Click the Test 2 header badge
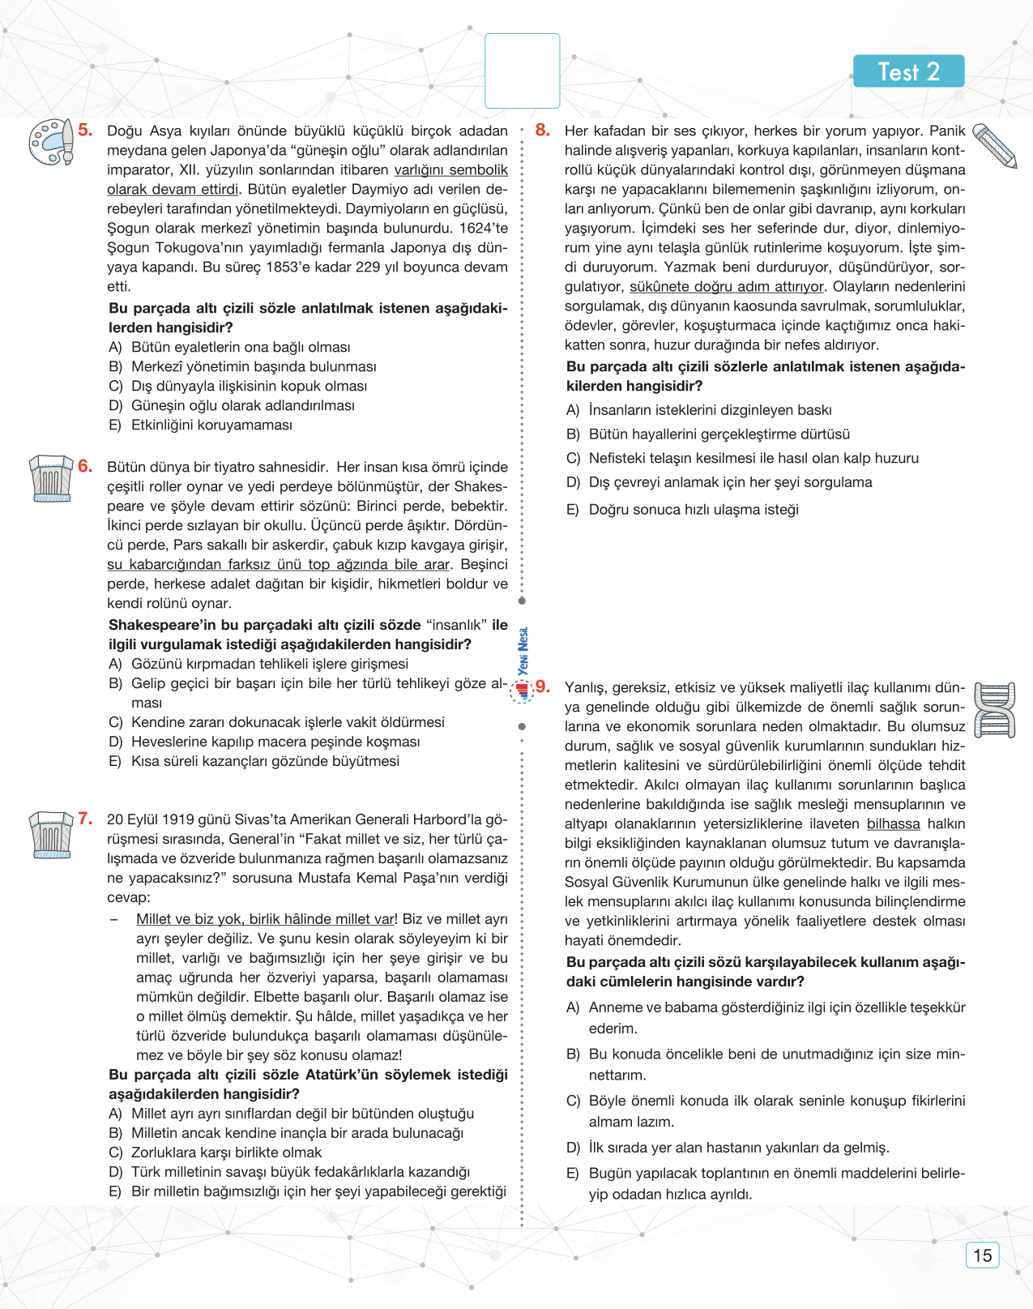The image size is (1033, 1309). [x=908, y=71]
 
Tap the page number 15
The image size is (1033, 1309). [x=982, y=1256]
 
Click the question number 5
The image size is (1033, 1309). [x=86, y=130]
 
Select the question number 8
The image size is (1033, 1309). [x=543, y=130]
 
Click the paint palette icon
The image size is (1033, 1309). [x=50, y=142]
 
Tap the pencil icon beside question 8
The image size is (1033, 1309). [x=994, y=145]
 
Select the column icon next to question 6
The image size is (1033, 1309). [x=50, y=478]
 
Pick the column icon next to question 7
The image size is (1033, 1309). [x=50, y=834]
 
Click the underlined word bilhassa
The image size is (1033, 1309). [x=893, y=823]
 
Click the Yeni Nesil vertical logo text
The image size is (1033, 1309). [x=523, y=650]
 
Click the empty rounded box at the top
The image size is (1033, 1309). [x=522, y=71]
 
